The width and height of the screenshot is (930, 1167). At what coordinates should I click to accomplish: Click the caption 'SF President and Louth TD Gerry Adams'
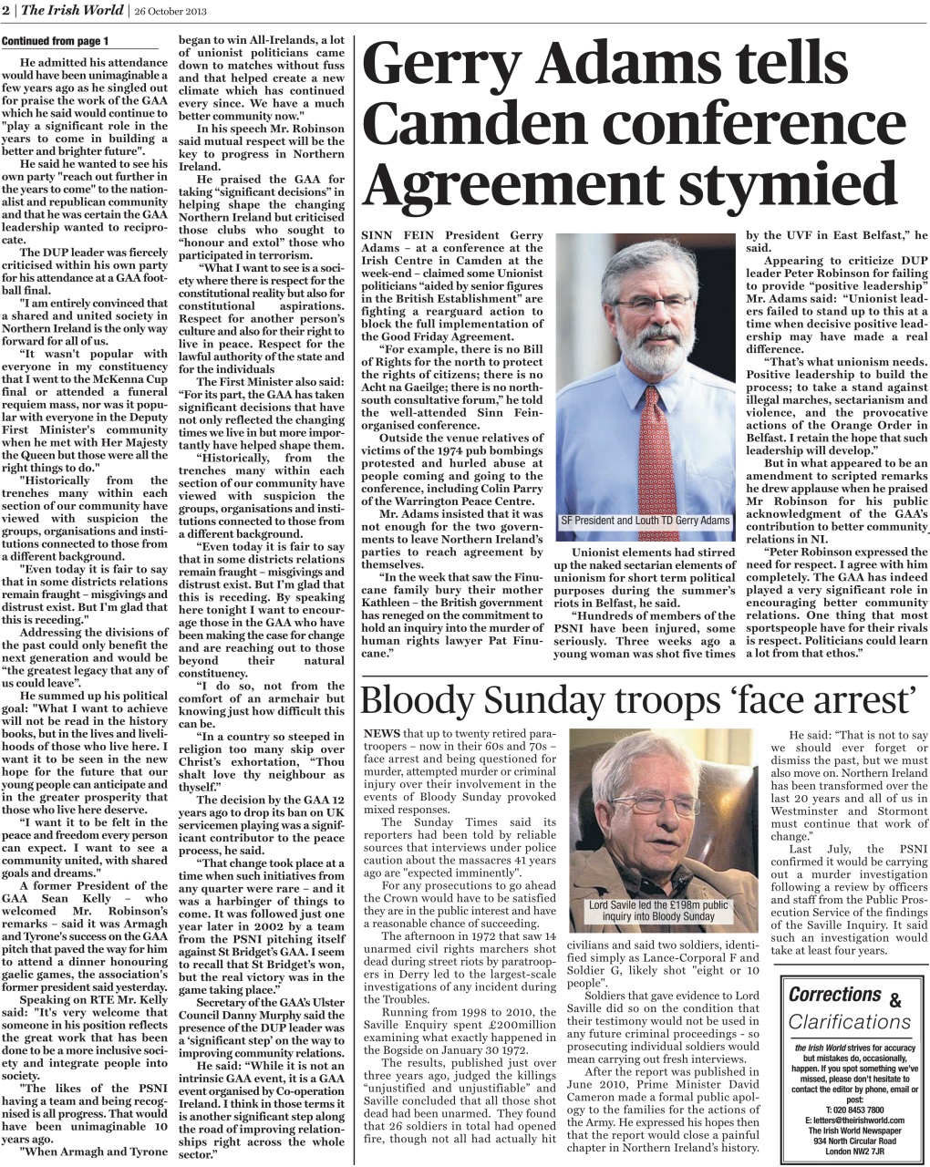pyautogui.click(x=645, y=521)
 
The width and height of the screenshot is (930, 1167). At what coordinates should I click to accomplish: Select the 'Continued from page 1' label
pyautogui.click(x=55, y=42)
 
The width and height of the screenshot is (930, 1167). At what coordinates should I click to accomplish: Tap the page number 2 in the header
pyautogui.click(x=5, y=11)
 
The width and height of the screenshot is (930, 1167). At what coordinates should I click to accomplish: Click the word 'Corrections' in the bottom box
pyautogui.click(x=834, y=995)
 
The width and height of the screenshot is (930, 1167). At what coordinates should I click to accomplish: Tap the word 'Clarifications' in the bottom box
pyautogui.click(x=850, y=1022)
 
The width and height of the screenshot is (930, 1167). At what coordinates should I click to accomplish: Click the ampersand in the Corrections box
pyautogui.click(x=894, y=1001)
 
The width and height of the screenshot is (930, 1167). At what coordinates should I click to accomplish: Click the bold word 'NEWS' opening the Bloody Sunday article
pyautogui.click(x=381, y=733)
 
